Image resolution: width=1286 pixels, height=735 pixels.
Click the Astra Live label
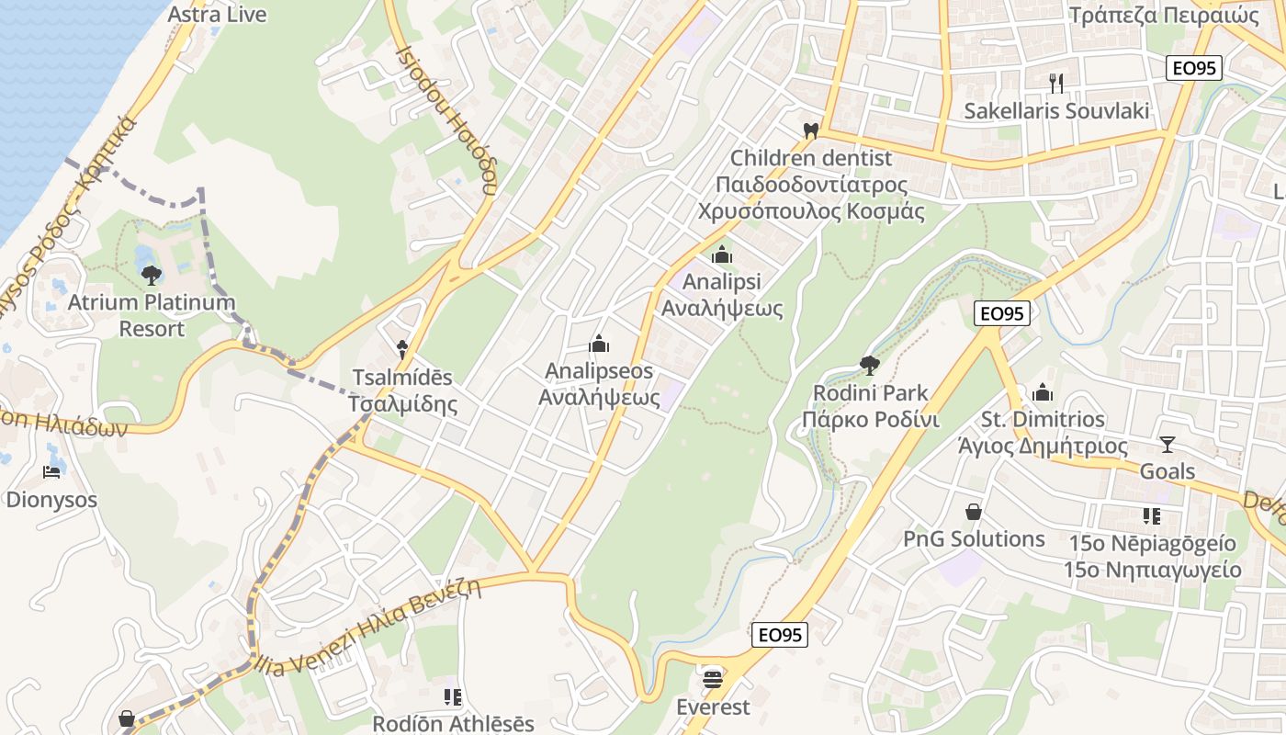pyautogui.click(x=218, y=15)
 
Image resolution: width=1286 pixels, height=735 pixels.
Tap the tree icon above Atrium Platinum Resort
pyautogui.click(x=152, y=274)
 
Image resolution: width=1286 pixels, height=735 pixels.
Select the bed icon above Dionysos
pyautogui.click(x=52, y=472)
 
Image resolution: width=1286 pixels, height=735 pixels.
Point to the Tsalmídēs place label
pyautogui.click(x=401, y=378)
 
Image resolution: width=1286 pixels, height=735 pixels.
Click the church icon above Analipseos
pyautogui.click(x=599, y=345)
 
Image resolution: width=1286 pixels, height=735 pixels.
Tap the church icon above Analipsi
pyautogui.click(x=722, y=254)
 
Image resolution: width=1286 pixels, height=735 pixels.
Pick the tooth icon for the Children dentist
pyautogui.click(x=810, y=131)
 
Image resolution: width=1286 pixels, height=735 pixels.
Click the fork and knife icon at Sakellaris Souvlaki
pyautogui.click(x=1056, y=84)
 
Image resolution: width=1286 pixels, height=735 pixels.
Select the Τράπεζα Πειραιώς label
pyautogui.click(x=1163, y=15)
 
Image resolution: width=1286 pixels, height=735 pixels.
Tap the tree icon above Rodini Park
pyautogui.click(x=869, y=366)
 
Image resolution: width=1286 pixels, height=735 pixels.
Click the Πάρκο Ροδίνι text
pyautogui.click(x=870, y=421)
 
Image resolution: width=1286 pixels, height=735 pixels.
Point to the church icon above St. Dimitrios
pyautogui.click(x=1043, y=392)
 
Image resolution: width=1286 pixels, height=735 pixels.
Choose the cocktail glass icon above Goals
pyautogui.click(x=1167, y=445)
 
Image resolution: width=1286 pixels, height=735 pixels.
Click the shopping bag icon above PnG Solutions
pyautogui.click(x=974, y=512)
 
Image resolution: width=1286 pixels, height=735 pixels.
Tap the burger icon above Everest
pyautogui.click(x=713, y=680)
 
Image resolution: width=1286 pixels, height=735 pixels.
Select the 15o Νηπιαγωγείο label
pyautogui.click(x=1152, y=570)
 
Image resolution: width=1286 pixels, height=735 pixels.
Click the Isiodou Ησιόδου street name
pyautogui.click(x=446, y=119)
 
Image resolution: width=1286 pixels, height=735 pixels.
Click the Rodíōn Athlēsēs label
pyautogui.click(x=453, y=724)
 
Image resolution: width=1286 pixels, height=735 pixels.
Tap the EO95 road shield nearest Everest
pyautogui.click(x=780, y=634)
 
